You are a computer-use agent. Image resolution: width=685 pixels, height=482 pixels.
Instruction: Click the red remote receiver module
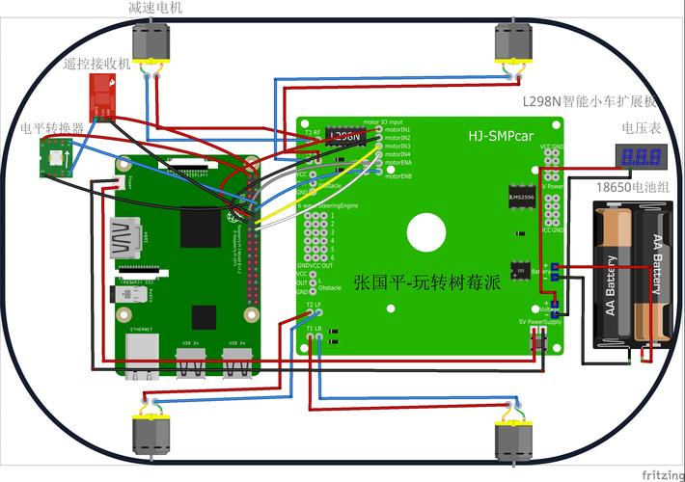point(101,94)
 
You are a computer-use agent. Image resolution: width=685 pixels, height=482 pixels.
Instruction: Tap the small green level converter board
point(55,157)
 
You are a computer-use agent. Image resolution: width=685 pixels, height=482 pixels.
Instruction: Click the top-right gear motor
point(511,43)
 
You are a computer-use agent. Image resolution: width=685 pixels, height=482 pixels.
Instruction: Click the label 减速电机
point(155,8)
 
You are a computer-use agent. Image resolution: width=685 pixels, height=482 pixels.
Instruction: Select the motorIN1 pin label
point(397,129)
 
